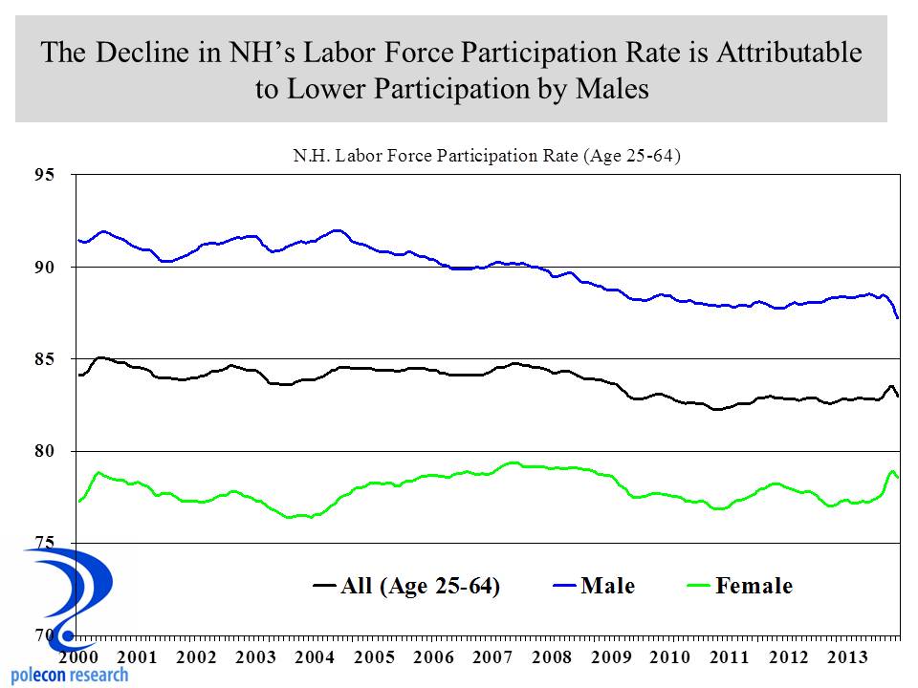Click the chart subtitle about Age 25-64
coord(486,155)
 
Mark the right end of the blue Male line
coord(897,317)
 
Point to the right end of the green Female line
coord(897,477)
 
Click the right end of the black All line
coord(897,395)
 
